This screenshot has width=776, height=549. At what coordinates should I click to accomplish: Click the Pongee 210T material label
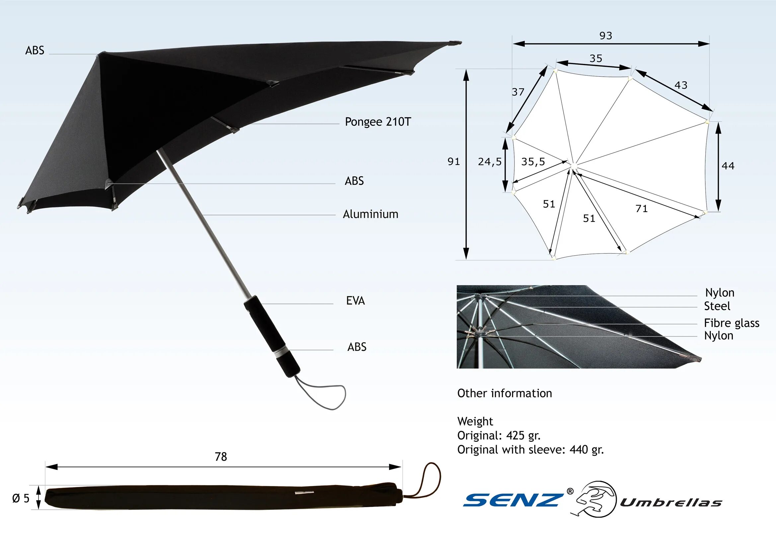[x=377, y=122]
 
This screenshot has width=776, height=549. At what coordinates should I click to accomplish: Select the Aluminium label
[x=370, y=214]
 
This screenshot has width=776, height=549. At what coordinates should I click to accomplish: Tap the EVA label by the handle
[x=355, y=300]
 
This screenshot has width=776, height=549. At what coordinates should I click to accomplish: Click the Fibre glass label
[x=732, y=323]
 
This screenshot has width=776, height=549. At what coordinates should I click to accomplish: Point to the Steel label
[x=717, y=306]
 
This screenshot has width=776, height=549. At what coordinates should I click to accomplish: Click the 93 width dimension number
[x=606, y=36]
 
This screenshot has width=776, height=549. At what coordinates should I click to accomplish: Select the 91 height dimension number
[x=454, y=162]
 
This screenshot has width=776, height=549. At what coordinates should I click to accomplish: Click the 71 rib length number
[x=642, y=208]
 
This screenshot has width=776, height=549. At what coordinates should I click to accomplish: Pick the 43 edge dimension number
[x=681, y=85]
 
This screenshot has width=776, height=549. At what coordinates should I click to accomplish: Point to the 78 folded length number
[x=221, y=457]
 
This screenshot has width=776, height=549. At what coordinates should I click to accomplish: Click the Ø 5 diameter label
[x=21, y=498]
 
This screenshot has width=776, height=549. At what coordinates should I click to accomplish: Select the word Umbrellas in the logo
[x=671, y=503]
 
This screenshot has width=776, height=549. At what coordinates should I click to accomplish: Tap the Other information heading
[x=504, y=393]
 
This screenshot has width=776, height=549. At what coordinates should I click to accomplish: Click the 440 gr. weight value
[x=586, y=450]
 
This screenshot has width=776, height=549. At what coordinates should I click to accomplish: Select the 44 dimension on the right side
[x=728, y=166]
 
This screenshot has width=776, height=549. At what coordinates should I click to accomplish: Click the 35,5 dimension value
[x=533, y=162]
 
